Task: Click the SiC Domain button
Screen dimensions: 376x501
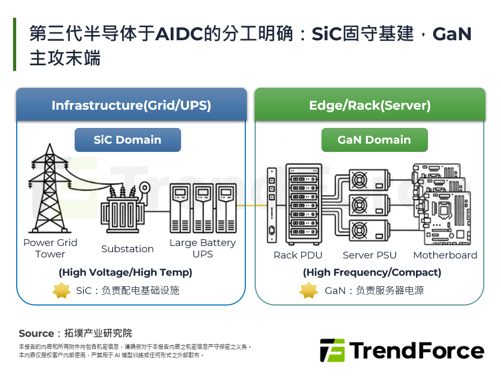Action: coord(127,140)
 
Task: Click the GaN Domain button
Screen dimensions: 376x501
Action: coord(374,140)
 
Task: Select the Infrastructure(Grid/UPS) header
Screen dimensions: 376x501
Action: coord(131,105)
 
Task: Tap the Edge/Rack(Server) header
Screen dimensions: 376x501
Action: coord(369,105)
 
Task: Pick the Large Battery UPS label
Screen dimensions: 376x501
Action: coord(202,248)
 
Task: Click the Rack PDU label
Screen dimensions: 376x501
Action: coord(298,255)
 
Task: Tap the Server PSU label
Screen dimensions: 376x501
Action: coord(369,255)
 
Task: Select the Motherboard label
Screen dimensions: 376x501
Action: coord(445,255)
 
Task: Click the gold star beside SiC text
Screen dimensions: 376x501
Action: coord(62,290)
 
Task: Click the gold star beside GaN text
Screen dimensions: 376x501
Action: coord(308,290)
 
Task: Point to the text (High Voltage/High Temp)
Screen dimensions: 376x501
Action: coord(125,272)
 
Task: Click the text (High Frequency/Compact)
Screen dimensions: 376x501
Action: coord(372,272)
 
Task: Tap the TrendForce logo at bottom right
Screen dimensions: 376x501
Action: coord(402,350)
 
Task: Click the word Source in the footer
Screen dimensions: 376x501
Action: coord(37,333)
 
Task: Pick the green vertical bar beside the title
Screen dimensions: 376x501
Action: coord(15,44)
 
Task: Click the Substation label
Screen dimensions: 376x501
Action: coord(127,249)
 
